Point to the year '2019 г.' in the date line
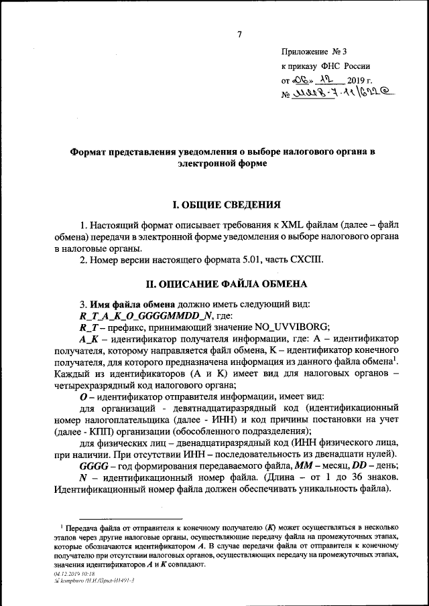pyautogui.click(x=346, y=80)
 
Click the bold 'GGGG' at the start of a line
pyautogui.click(x=92, y=465)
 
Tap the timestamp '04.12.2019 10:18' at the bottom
pyautogui.click(x=72, y=574)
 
